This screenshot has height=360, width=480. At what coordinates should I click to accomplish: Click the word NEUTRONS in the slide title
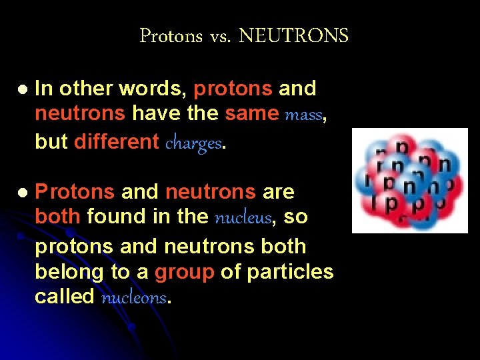point(293,35)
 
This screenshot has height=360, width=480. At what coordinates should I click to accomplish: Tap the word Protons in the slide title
point(171,35)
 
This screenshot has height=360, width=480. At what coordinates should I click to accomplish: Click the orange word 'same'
point(251,114)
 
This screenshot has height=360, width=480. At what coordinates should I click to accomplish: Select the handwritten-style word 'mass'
point(304,115)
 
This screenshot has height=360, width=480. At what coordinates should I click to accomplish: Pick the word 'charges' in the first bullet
point(193,143)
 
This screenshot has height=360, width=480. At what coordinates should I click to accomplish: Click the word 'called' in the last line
point(64,297)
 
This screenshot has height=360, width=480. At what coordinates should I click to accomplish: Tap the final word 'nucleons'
point(134,298)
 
